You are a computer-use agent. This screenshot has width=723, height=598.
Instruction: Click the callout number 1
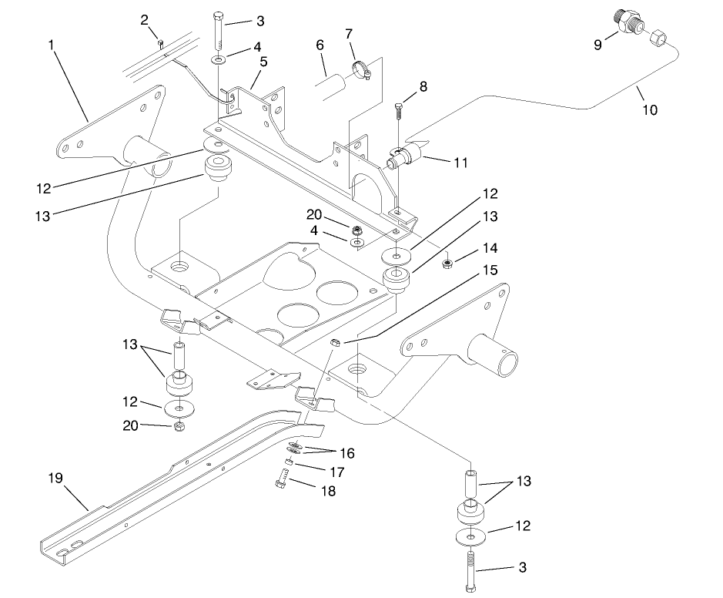coord(52,45)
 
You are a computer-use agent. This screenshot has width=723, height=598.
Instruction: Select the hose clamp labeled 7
coord(360,72)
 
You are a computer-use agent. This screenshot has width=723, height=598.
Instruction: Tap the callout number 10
coord(650,110)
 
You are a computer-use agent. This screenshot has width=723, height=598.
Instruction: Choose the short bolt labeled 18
coord(279,484)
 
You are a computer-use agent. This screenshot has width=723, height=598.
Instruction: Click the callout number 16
coord(347,453)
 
